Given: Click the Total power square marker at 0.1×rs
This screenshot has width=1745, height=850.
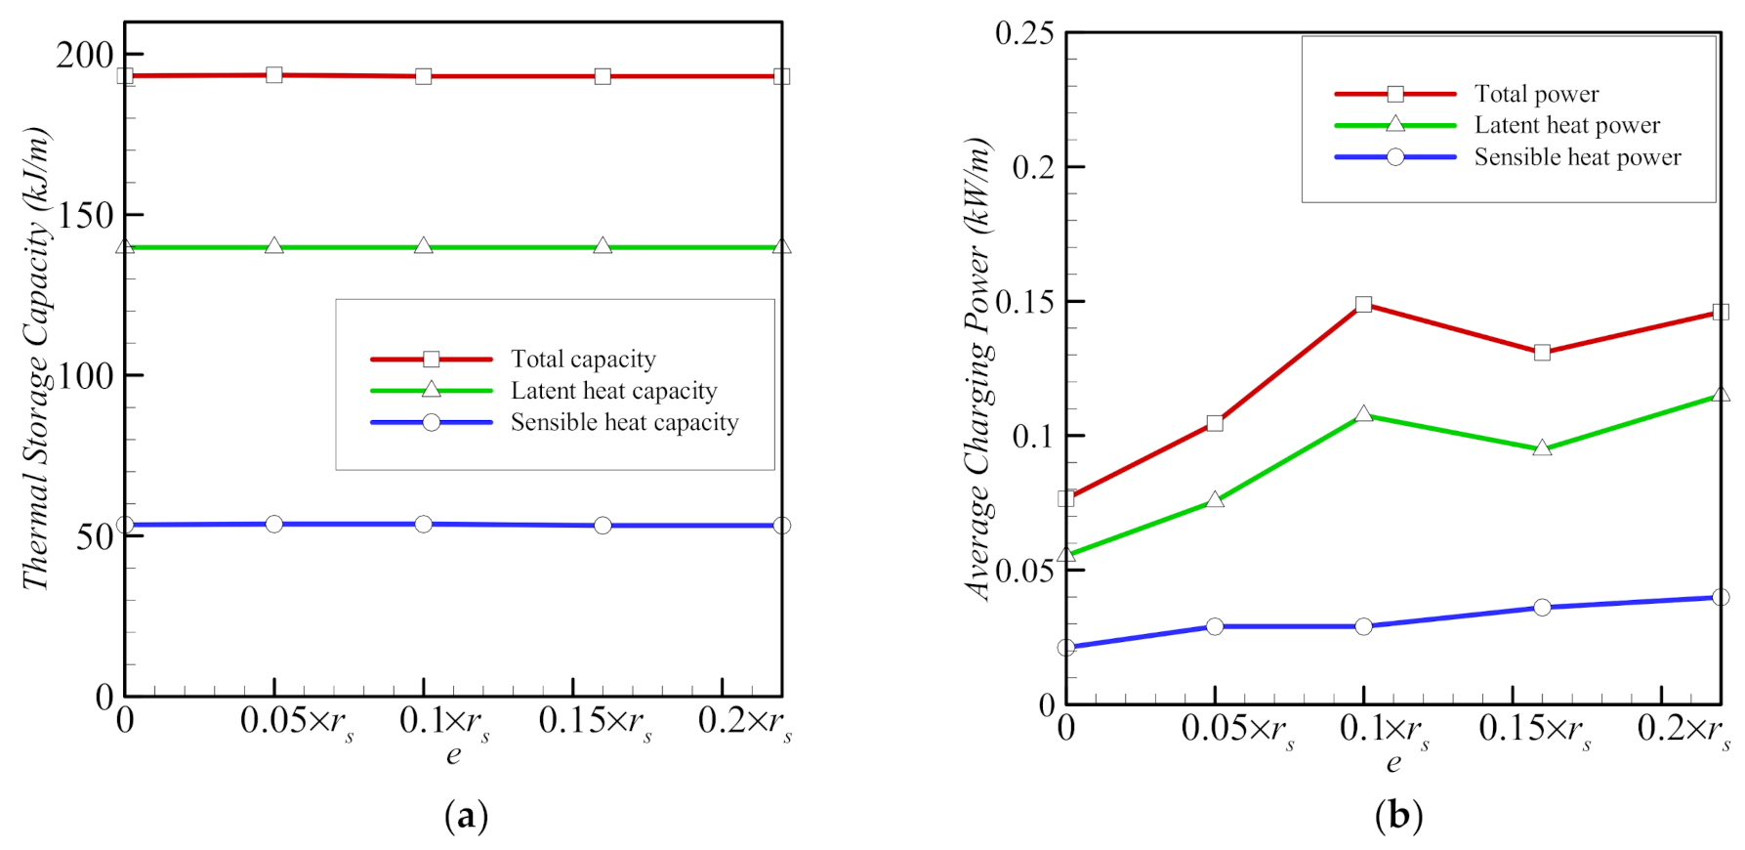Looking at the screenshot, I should point(1364,305).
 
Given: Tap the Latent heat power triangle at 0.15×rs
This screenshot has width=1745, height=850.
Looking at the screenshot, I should point(1542,448).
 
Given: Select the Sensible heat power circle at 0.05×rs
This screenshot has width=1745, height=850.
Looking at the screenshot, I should point(1215,626).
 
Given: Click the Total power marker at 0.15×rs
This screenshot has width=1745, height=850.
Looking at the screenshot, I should point(1542,352).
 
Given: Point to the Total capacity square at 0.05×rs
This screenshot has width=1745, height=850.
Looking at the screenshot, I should point(274,75).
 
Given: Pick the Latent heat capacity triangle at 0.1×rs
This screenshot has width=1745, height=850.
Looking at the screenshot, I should point(424,246).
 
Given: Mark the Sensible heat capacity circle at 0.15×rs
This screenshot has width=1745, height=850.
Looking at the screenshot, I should point(602,526).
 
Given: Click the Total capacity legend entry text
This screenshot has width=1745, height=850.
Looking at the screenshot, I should point(583,360).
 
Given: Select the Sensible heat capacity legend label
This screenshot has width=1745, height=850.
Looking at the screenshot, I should point(624,422).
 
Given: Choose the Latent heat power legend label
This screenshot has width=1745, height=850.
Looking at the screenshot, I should point(1566,125).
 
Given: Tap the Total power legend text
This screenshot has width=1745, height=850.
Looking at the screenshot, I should point(1536,94).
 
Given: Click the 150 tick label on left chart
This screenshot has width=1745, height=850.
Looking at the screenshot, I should point(85,216).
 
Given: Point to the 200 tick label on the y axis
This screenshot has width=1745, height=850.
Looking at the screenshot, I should point(85,56).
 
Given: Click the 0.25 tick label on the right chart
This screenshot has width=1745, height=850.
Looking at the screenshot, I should point(1024,33).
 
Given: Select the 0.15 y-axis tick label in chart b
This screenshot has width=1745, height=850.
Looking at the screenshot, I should point(1024,302).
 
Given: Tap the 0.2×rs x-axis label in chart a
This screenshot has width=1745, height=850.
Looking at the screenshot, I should point(744,723).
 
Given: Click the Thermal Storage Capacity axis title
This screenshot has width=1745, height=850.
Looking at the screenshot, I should point(36,358).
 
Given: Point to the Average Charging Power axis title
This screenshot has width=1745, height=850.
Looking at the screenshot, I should point(978,368).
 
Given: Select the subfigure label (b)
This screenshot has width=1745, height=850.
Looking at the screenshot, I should point(1398,815).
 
